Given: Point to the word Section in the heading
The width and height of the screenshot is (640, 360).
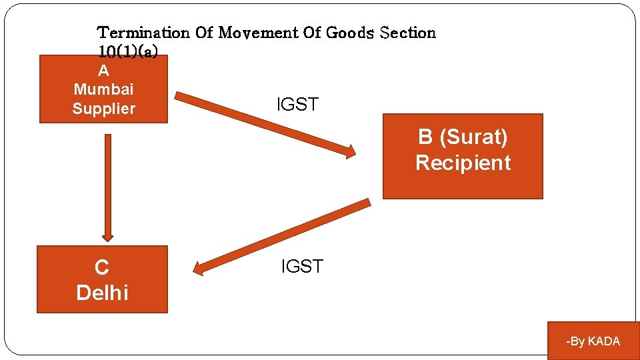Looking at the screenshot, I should click(x=407, y=33).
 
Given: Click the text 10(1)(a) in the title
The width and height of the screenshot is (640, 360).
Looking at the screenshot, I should click(x=127, y=51).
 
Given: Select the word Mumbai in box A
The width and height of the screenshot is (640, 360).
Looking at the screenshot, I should click(x=103, y=89).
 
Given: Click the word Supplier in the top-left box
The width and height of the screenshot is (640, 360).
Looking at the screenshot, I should click(x=103, y=109).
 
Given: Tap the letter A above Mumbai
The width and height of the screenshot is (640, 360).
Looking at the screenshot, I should click(x=103, y=71).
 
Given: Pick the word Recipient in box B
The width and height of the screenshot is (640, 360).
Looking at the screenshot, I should click(x=463, y=163).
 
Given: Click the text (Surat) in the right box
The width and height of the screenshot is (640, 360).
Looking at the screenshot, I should click(x=474, y=137).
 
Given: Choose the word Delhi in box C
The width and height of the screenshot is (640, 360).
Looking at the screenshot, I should click(x=102, y=292).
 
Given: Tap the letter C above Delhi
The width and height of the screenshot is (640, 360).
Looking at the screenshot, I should click(x=102, y=268).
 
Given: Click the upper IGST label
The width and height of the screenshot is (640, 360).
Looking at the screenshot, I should click(x=297, y=105).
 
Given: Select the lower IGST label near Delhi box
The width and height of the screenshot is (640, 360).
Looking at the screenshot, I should click(x=302, y=267).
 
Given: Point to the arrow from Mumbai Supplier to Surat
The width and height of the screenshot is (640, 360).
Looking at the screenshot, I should click(x=267, y=125).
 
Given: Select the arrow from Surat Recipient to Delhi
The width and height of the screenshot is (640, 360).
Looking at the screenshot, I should click(x=280, y=237).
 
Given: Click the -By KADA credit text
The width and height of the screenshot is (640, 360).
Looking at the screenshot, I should click(x=593, y=341).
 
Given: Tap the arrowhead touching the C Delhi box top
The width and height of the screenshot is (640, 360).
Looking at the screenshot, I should click(x=108, y=235).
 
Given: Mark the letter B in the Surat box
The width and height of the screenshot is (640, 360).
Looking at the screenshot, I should click(x=425, y=137).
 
